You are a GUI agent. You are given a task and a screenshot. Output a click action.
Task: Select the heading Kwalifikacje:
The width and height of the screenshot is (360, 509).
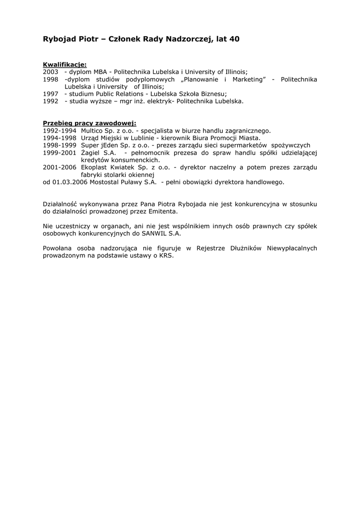point(65,65)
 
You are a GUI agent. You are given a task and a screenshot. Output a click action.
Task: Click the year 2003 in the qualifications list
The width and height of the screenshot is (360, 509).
point(51,72)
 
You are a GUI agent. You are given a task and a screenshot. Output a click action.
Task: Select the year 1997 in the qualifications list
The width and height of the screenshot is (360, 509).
point(51,94)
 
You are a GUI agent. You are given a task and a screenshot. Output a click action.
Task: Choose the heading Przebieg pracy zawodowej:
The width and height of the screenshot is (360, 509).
point(90,123)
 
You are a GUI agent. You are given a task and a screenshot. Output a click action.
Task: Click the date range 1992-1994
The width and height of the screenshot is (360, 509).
point(60,131)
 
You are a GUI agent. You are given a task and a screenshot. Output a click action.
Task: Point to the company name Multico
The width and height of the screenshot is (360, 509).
point(93,131)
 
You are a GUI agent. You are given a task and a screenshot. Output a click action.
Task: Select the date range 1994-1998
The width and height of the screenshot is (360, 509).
point(60,138)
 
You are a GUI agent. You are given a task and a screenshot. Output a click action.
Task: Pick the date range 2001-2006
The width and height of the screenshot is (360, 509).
point(60,168)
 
